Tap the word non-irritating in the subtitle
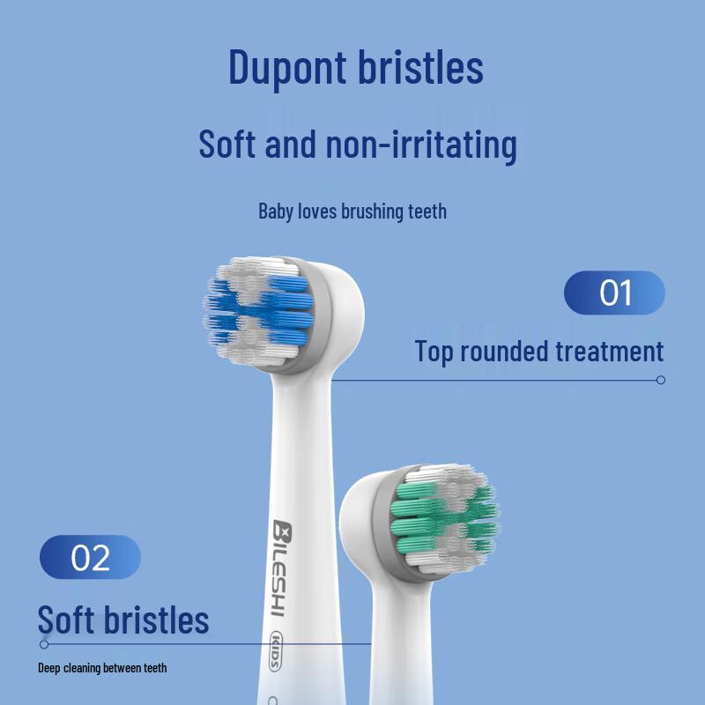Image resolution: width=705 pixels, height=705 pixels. pos(421,145)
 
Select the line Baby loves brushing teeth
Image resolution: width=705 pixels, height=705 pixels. pos(352,211)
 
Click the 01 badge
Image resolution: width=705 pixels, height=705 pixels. pos(614,293)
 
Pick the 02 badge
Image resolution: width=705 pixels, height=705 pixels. pos(90,557)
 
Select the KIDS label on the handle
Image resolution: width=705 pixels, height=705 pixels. pos(274,650)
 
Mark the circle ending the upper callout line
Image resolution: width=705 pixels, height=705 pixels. pos(661,380)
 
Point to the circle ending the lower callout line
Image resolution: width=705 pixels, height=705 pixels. pos(44,644)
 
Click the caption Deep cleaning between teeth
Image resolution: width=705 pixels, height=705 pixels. pos(102,668)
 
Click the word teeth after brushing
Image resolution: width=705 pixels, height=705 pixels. pos(427,211)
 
